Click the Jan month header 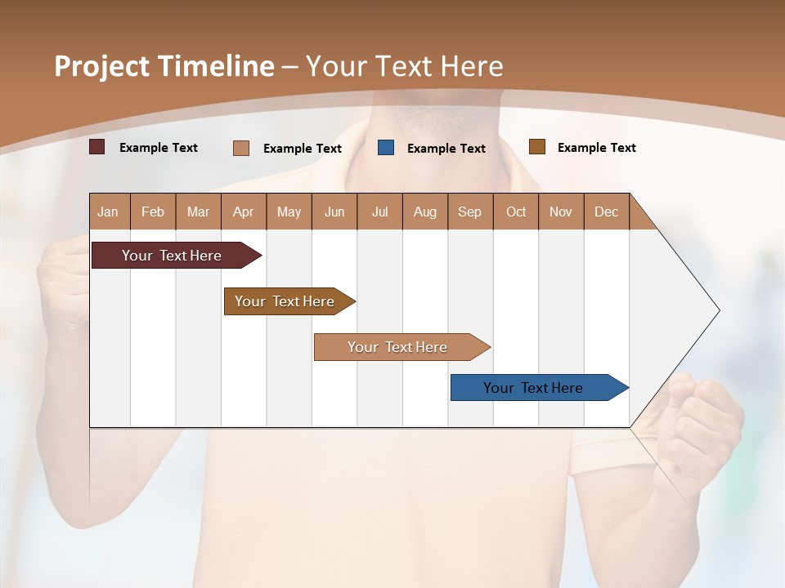coord(109,212)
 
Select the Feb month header coord(153,212)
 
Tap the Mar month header coord(198,212)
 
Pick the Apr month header coord(244,212)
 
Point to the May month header coord(289,212)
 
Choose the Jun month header coord(334,212)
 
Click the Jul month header coord(379,212)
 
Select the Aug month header coord(425,212)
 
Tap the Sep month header coord(470,212)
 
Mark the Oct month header coord(516,212)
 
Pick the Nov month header coord(561,212)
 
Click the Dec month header coord(606,212)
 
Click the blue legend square coord(386,148)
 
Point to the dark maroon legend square coord(97,147)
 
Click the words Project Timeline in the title coord(164,66)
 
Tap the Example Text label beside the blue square coord(446,149)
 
